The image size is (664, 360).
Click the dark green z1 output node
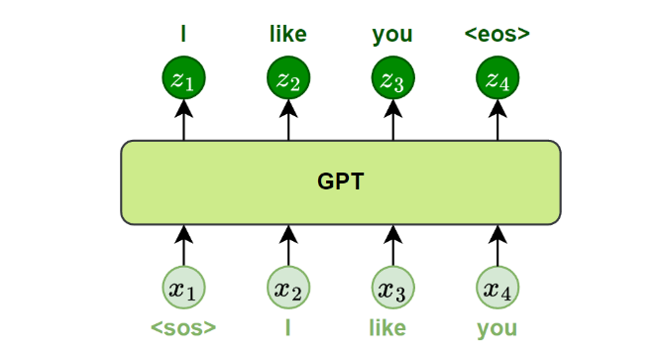click(183, 78)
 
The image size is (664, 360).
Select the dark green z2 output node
click(288, 78)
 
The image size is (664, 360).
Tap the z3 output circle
click(393, 78)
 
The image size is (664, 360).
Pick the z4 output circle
click(498, 78)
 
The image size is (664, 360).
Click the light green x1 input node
click(183, 288)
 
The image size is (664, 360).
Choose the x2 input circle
click(288, 288)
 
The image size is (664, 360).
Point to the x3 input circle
click(393, 288)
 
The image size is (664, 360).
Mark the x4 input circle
click(498, 288)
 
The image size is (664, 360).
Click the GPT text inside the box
click(341, 181)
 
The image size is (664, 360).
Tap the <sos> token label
click(183, 328)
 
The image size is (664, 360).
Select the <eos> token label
click(498, 34)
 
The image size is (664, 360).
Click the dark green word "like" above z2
click(288, 34)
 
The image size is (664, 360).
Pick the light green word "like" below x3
click(387, 328)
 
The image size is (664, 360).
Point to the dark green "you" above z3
click(392, 36)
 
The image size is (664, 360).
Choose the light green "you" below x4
click(498, 329)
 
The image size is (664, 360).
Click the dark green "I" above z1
click(183, 34)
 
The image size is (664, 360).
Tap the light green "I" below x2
click(288, 328)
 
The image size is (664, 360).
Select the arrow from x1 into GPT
click(183, 246)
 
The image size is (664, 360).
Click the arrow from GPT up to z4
click(498, 120)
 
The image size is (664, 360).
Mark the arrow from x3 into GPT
click(393, 246)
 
